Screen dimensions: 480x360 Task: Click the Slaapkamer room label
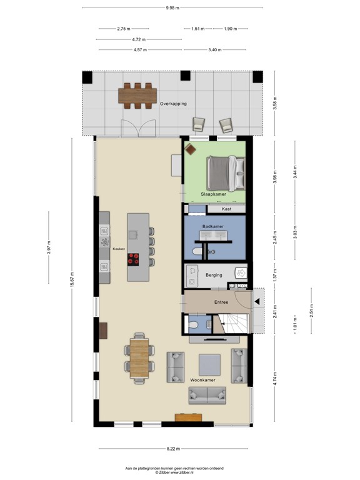[213, 194]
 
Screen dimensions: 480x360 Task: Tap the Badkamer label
[213, 226]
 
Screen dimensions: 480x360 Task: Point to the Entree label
[221, 302]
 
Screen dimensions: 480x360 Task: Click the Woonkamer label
[202, 379]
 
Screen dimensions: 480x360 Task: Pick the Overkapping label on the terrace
[173, 104]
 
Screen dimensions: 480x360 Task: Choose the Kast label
[227, 209]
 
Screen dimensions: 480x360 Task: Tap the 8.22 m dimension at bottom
[172, 448]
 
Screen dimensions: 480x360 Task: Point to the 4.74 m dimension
[274, 378]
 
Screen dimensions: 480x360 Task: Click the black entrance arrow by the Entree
[257, 302]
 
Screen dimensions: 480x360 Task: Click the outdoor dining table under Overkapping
[138, 96]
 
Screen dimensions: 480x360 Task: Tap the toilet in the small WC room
[194, 325]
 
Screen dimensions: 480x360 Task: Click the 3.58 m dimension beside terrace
[274, 104]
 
